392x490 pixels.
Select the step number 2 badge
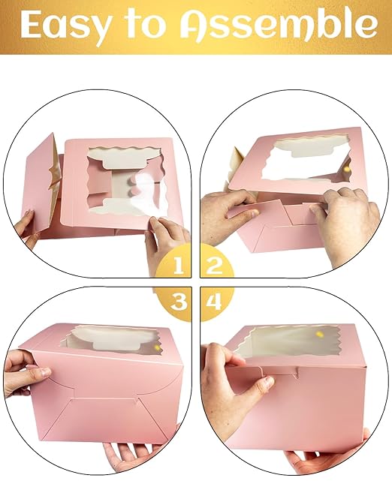click(x=214, y=264)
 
